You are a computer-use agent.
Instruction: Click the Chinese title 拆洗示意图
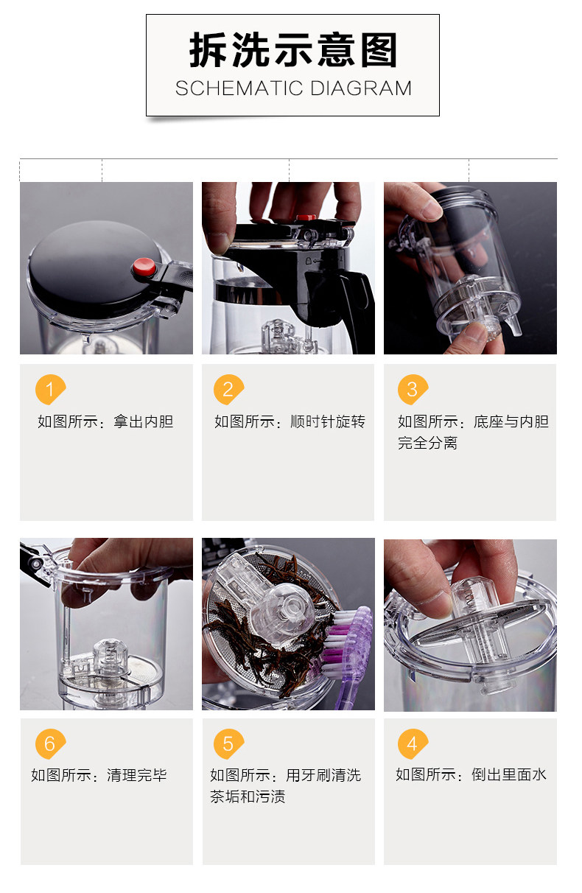293,50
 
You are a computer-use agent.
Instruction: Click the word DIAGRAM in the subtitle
361,88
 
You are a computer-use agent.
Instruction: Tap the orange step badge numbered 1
50,389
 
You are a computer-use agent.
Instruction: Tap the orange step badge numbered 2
228,389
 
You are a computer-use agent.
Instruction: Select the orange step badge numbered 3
413,389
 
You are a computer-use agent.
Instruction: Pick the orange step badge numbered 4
413,744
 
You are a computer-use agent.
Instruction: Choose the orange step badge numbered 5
228,744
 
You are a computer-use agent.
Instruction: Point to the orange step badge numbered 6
50,744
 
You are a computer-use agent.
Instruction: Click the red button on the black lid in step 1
144,267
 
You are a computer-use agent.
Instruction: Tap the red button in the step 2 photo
306,217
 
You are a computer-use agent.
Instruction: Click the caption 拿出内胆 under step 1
144,421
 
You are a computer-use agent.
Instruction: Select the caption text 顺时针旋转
328,421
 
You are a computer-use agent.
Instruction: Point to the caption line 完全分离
427,443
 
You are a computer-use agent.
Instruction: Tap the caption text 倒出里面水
509,774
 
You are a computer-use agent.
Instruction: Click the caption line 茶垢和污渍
248,797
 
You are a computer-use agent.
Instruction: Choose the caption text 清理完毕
137,775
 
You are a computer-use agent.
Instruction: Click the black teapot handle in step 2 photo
357,307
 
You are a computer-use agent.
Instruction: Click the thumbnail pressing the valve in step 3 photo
474,334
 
